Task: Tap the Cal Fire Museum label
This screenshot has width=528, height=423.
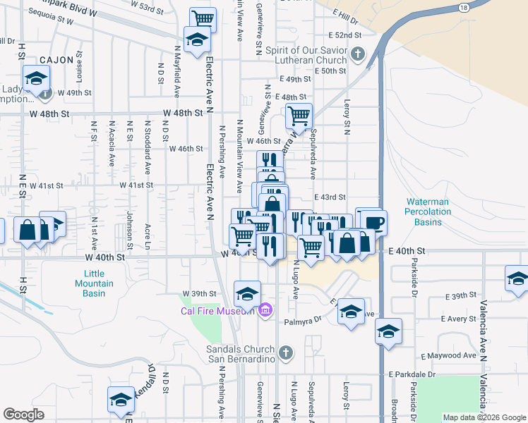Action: (x=217, y=311)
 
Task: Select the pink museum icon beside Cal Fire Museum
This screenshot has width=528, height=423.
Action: (x=265, y=310)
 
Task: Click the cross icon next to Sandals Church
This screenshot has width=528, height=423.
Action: (x=284, y=352)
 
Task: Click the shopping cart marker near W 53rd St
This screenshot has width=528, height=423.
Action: (x=203, y=18)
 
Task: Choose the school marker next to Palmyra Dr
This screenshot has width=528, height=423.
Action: (x=351, y=311)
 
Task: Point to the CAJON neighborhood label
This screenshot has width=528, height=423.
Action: (x=56, y=60)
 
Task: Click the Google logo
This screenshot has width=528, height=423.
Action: (x=23, y=415)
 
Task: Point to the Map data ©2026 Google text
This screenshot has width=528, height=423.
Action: (x=484, y=417)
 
